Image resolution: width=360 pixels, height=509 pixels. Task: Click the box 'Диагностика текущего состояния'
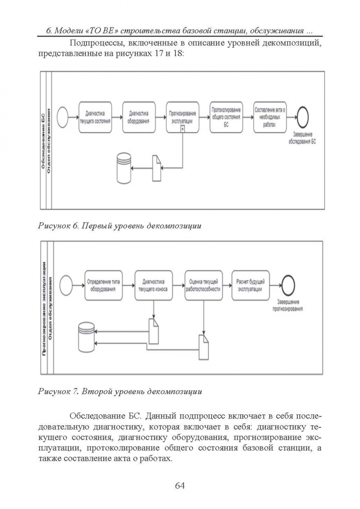tap(95, 117)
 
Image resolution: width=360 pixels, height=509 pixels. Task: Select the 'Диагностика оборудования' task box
tap(139, 117)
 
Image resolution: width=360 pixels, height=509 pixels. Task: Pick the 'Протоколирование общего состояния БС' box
tap(226, 117)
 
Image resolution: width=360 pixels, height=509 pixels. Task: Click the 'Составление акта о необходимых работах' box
tap(270, 117)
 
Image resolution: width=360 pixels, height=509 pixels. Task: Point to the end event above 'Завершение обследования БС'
tap(302, 116)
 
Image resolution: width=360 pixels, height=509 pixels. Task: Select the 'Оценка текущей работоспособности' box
tap(203, 286)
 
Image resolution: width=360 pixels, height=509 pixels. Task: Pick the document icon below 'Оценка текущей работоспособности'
tap(204, 348)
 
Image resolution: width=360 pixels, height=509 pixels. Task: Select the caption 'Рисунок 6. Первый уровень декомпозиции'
tap(120, 226)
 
